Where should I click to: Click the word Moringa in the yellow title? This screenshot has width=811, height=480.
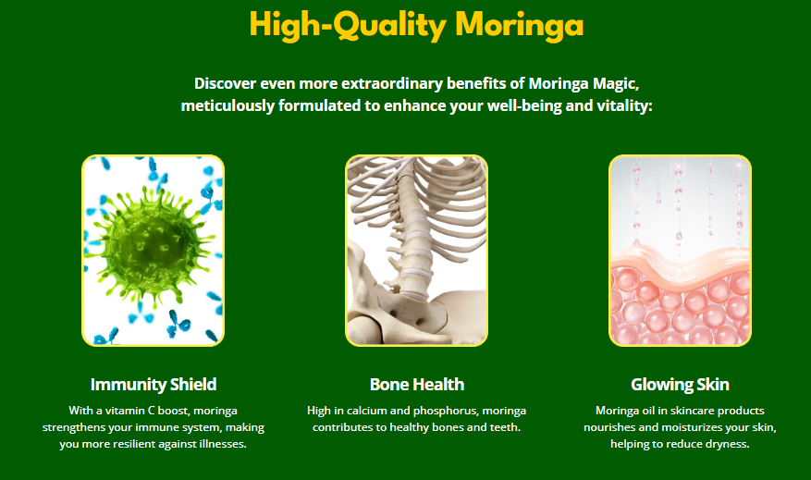(520, 26)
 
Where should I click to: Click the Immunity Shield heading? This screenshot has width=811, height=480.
(154, 385)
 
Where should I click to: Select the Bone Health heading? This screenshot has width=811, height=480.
(417, 385)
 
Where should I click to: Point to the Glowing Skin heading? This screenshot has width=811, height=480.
(680, 385)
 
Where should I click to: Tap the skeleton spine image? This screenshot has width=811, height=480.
(416, 251)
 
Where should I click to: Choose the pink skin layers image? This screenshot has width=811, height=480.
(680, 251)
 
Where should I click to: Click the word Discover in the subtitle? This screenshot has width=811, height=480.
(225, 83)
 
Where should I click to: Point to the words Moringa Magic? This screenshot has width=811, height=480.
(583, 84)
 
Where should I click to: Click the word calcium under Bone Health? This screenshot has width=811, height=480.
(367, 411)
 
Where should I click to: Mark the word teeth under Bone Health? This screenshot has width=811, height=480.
(505, 427)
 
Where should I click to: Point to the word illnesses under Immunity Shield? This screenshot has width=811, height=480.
(224, 444)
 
